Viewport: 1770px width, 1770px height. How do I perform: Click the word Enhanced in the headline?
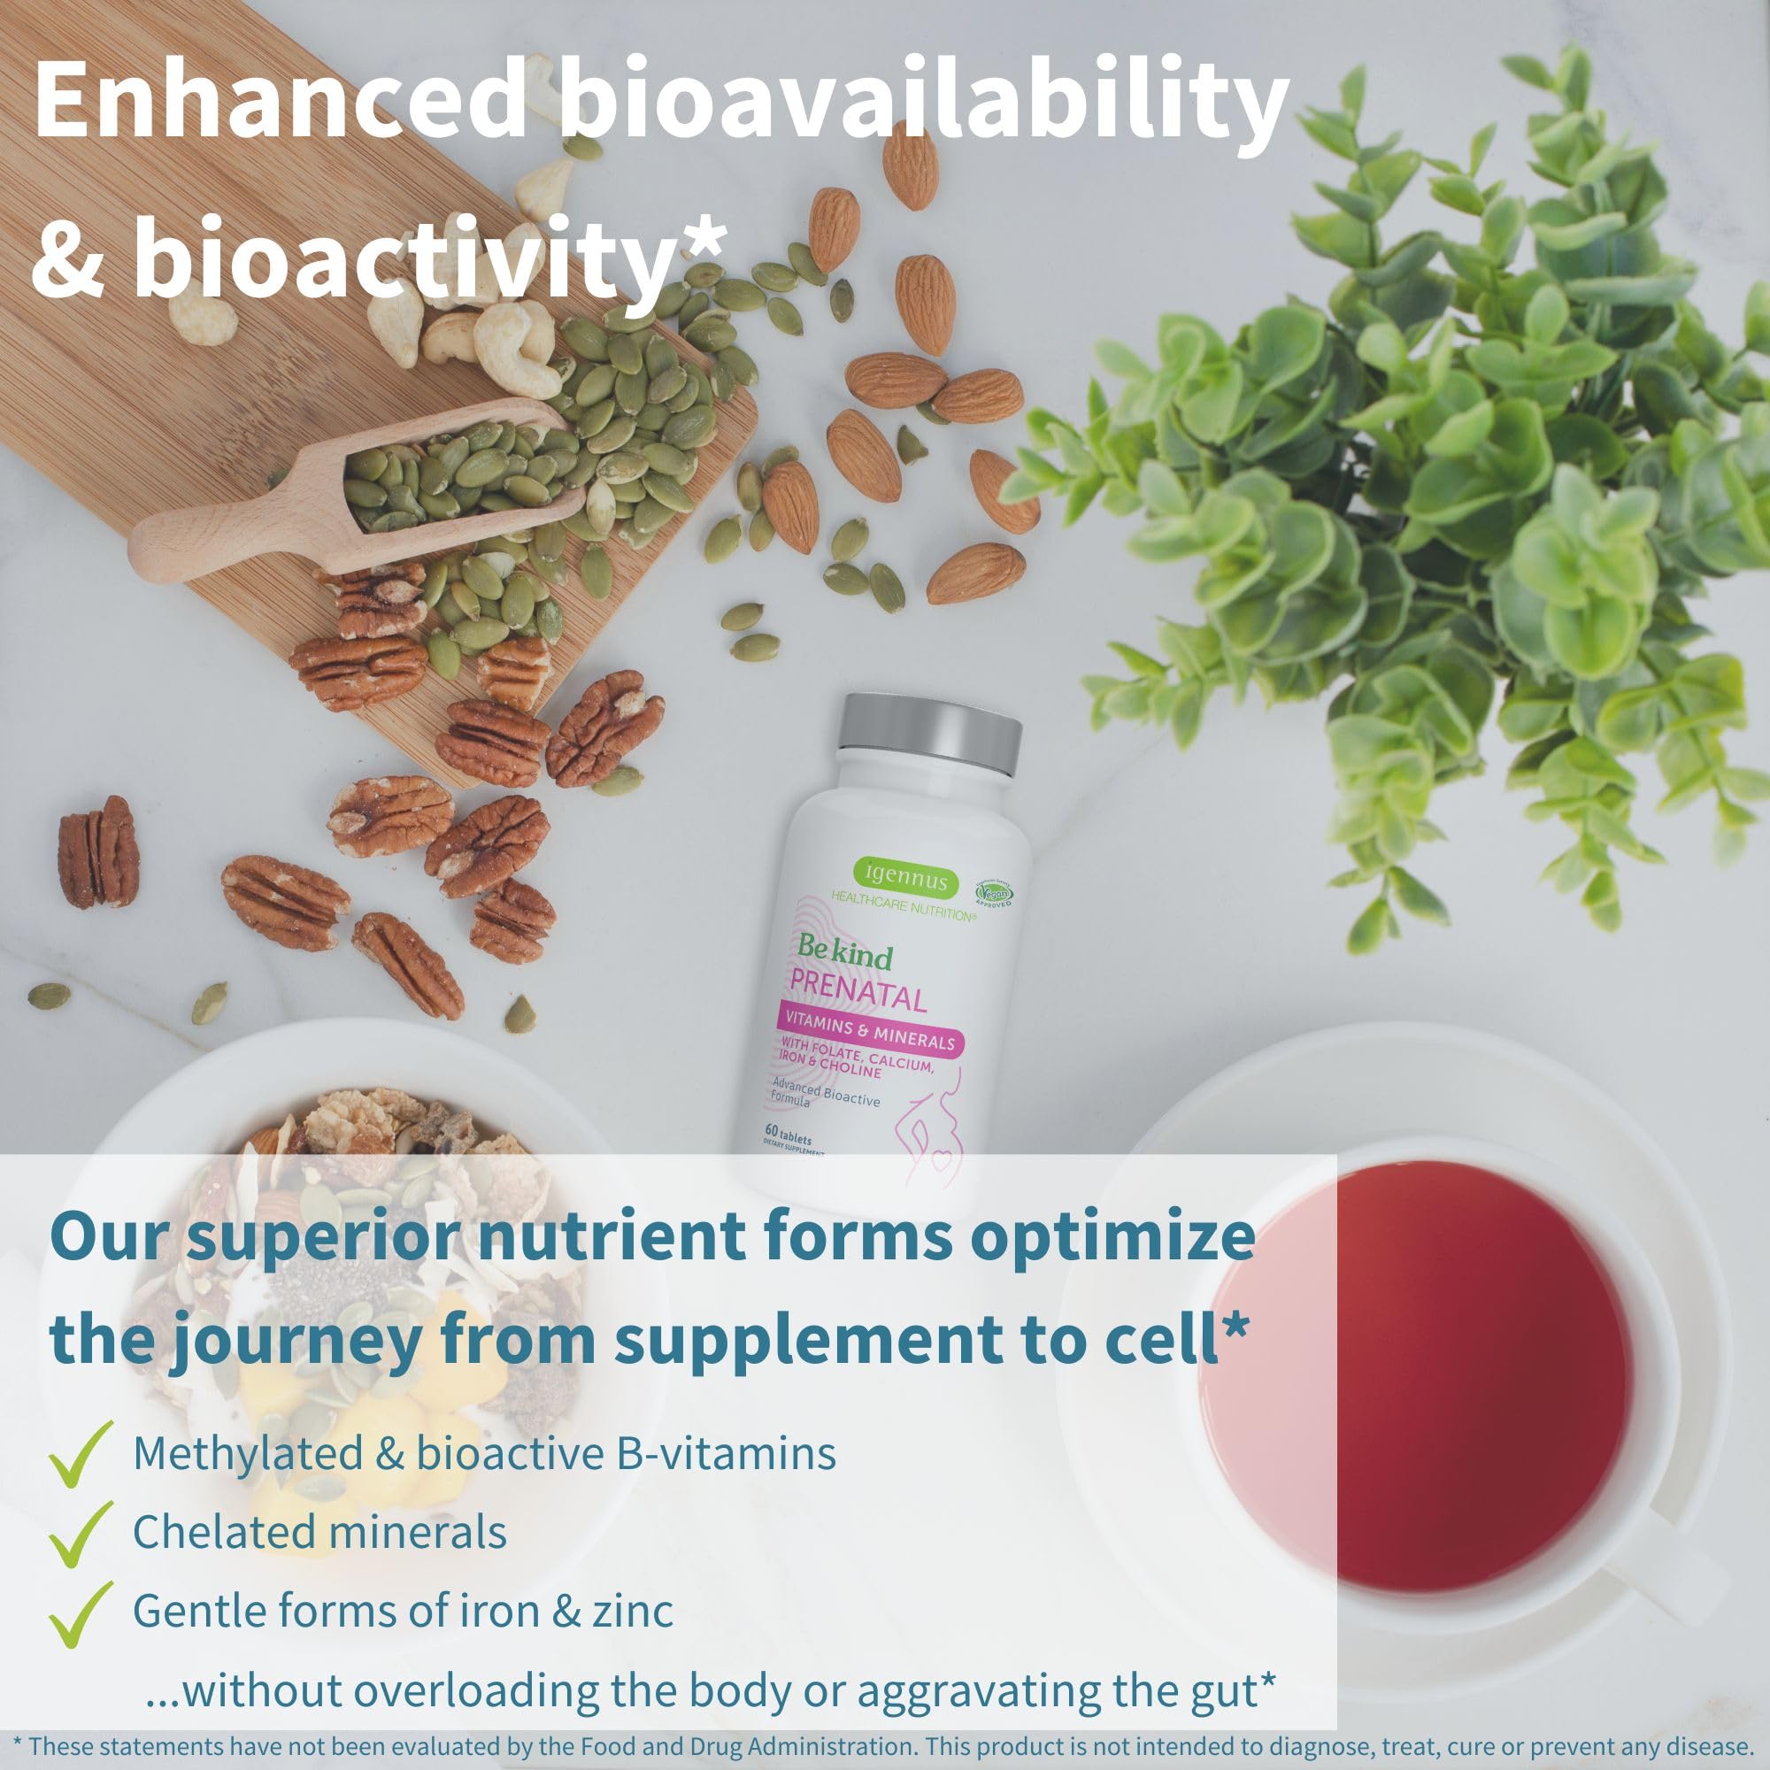point(280,102)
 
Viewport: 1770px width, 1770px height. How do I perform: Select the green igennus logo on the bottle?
point(905,878)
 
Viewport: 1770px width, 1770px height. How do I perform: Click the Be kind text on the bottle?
point(843,953)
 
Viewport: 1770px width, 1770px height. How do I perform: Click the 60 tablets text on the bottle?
point(789,1139)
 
